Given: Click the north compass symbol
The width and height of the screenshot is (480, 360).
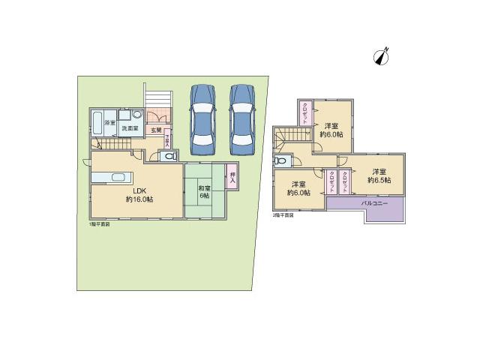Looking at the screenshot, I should pos(383,56).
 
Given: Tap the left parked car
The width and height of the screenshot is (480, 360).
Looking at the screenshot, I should pos(203,116).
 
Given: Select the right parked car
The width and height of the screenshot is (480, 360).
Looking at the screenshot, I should pos(243,116).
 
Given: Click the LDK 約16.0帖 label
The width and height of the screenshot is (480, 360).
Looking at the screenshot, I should pos(139,195).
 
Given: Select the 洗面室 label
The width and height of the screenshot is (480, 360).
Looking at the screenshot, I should pos(130,129).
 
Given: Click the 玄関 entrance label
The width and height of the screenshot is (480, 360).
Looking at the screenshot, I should pos(155,130).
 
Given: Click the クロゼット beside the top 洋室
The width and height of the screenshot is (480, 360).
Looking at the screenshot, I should pos(306,117).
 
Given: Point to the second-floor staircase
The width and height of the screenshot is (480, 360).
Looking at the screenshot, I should pos(289,138).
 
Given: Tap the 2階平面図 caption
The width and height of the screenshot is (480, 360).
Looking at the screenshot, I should pos(283,214).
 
